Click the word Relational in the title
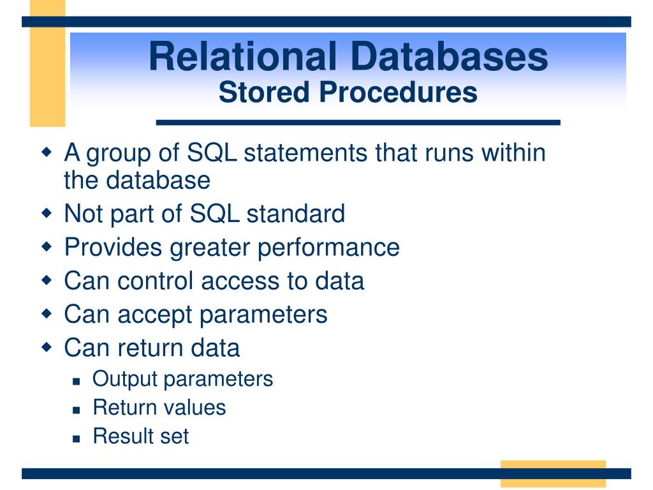pyautogui.click(x=243, y=56)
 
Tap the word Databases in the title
pyautogui.click(x=450, y=56)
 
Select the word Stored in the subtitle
pyautogui.click(x=264, y=92)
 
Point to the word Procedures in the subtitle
pyautogui.click(x=398, y=92)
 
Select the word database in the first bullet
pyautogui.click(x=158, y=180)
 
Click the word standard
pyautogui.click(x=296, y=213)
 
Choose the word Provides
pyautogui.click(x=113, y=247)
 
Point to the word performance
pyautogui.click(x=328, y=248)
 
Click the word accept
pyautogui.click(x=155, y=315)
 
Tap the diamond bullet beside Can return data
pyautogui.click(x=47, y=347)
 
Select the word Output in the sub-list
pyautogui.click(x=125, y=380)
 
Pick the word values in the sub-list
pyautogui.click(x=196, y=408)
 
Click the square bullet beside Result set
pyautogui.click(x=77, y=438)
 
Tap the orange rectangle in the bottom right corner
pyautogui.click(x=553, y=474)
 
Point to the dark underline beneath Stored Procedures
pyautogui.click(x=358, y=122)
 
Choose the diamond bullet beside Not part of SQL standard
pyautogui.click(x=47, y=213)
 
